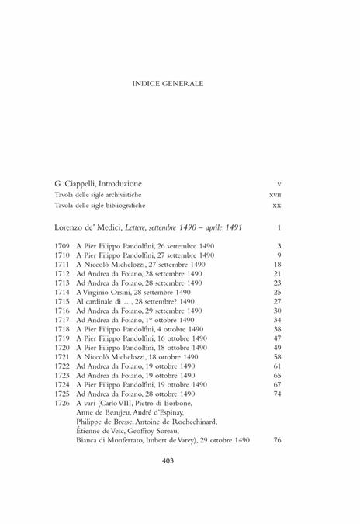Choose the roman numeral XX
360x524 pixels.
[276, 206]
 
